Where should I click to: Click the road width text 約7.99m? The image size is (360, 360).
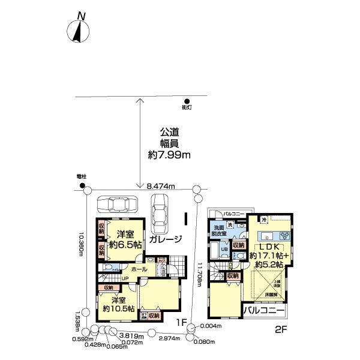[x=169, y=155]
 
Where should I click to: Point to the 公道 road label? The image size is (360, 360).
[x=169, y=132]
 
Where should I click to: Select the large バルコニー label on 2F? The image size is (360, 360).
[x=263, y=310]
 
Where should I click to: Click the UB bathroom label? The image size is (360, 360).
[x=223, y=248]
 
